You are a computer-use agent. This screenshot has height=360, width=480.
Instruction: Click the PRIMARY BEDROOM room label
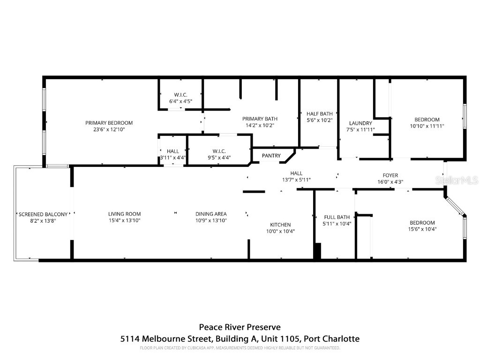coord(109,123)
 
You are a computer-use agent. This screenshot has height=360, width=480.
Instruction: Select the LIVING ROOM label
coord(124,214)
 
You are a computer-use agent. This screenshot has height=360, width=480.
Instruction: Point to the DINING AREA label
coord(211,214)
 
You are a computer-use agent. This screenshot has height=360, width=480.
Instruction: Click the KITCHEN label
coord(280,225)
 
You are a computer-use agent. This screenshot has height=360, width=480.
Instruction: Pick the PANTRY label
coord(271,156)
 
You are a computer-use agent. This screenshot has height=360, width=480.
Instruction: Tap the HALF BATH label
coord(319,113)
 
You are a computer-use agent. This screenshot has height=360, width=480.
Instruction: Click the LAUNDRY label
coord(360,123)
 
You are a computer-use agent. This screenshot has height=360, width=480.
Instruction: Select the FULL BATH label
coord(337,217)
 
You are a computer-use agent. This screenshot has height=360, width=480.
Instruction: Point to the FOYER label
coord(390,175)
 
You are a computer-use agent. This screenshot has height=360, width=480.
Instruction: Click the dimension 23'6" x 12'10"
coord(109,129)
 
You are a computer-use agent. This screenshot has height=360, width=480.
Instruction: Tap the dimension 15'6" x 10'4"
coord(422,229)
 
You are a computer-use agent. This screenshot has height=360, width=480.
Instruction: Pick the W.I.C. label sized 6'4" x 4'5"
coord(180,95)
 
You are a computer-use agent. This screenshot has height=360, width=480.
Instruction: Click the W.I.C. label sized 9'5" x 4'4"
coord(219,151)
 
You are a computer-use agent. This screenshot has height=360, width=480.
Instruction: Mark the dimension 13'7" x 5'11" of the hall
coord(296,180)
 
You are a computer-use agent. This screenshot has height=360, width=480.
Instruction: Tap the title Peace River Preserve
coord(240,327)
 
